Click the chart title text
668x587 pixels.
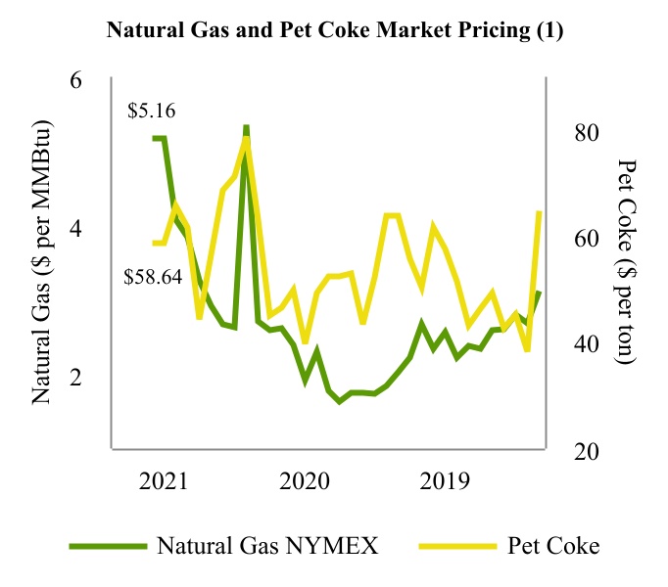pos(334,29)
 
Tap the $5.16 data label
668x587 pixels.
pos(152,112)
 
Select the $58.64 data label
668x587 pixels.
pos(154,277)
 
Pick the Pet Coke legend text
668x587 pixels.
pos(553,545)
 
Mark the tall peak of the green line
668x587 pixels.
pos(246,128)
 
